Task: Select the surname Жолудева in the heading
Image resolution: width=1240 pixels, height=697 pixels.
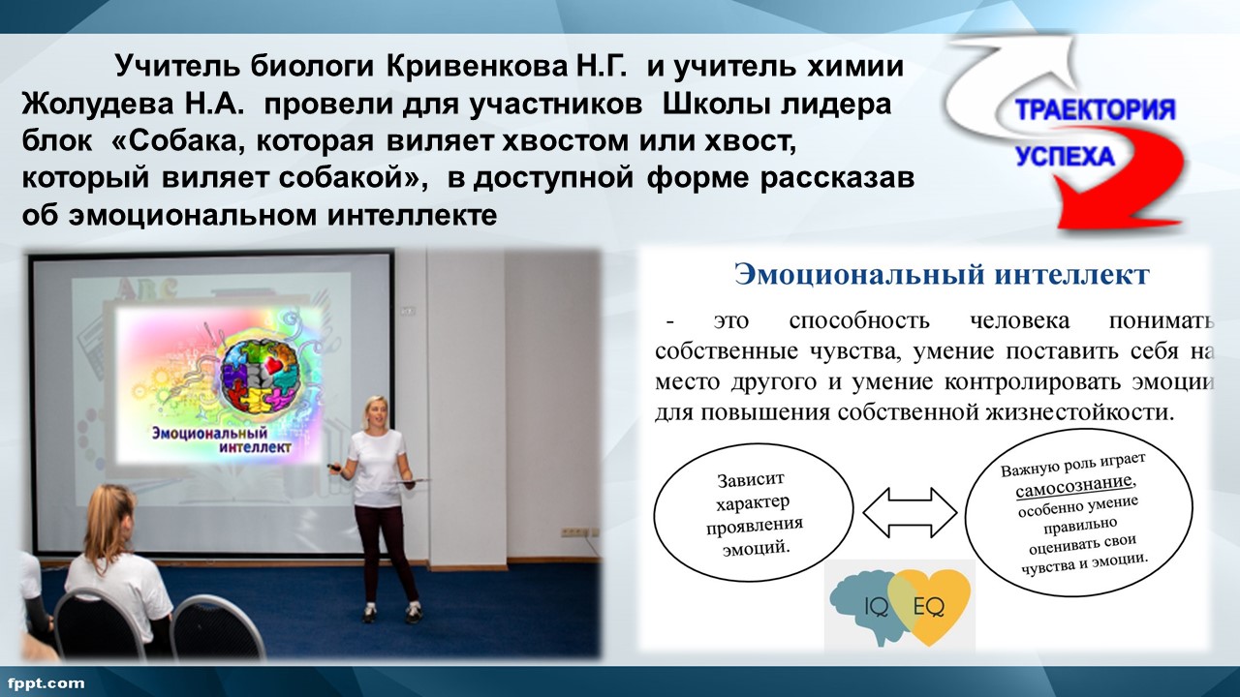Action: [98, 104]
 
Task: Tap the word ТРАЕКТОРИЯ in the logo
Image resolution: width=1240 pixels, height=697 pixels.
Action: [1095, 109]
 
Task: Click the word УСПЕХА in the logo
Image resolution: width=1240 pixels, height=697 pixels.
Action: [1065, 157]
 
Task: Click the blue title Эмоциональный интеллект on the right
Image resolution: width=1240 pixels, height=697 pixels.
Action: [943, 274]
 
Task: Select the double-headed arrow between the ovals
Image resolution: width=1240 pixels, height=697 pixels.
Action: [910, 513]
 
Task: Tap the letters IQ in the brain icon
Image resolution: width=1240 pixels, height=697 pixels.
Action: [877, 608]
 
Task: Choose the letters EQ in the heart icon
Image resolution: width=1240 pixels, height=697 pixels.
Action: [928, 607]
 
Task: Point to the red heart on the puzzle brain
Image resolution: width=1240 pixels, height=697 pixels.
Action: [275, 364]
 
